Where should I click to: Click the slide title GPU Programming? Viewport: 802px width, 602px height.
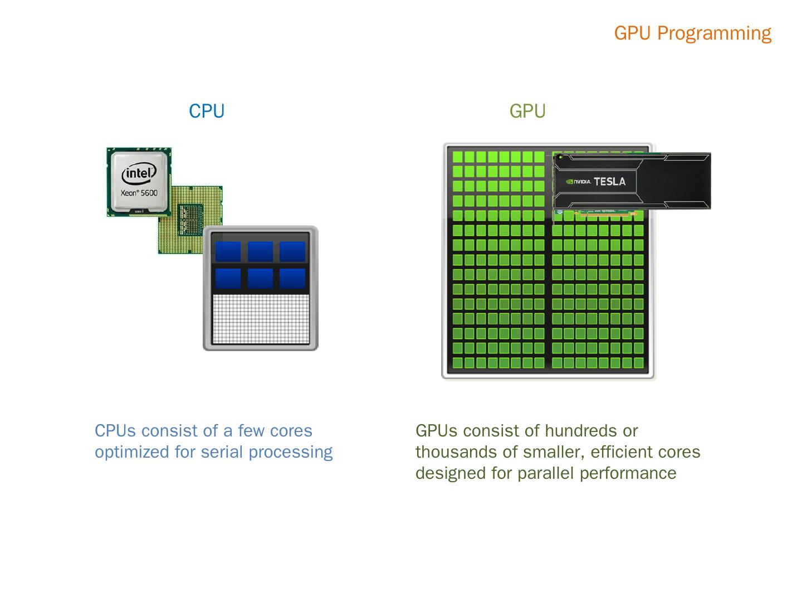pos(692,33)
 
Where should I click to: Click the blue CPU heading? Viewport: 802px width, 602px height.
pos(207,111)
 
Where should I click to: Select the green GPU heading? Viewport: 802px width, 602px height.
pos(527,111)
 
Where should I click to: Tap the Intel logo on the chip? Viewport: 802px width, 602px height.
pos(138,174)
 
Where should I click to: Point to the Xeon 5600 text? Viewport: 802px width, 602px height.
pos(139,193)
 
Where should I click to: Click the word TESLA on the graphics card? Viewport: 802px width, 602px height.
pos(609,181)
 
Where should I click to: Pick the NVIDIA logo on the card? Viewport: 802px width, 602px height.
pos(578,181)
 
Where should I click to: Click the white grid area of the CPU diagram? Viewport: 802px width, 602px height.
pos(261,319)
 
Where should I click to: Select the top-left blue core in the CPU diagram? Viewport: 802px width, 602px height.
pos(228,251)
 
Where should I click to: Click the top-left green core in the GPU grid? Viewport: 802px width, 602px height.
pos(457,157)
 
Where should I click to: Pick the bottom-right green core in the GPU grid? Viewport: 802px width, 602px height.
pos(638,363)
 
